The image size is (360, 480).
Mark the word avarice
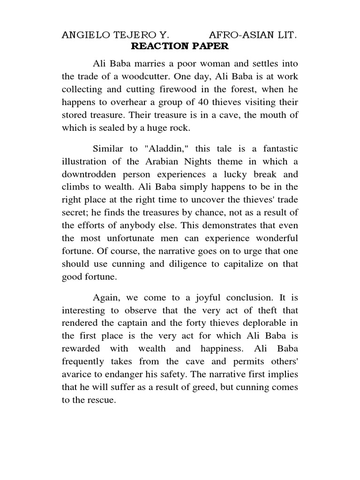76,374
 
